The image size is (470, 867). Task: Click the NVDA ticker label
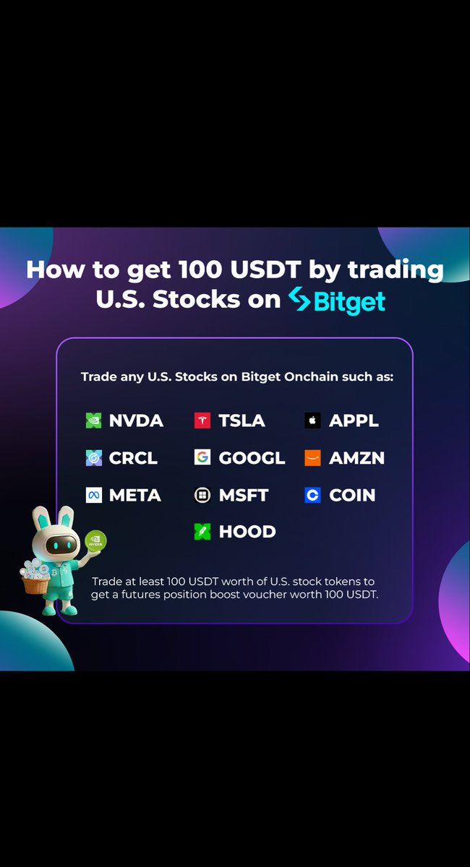pyautogui.click(x=136, y=420)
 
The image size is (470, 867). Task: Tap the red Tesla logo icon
pyautogui.click(x=202, y=420)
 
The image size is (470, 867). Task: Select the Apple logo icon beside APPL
pyautogui.click(x=312, y=420)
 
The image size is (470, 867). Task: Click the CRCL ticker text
pyautogui.click(x=133, y=458)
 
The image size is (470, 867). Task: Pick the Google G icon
pyautogui.click(x=202, y=457)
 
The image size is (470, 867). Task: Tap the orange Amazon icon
pyautogui.click(x=312, y=458)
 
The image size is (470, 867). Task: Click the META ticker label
pyautogui.click(x=135, y=496)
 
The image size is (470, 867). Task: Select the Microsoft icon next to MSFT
pyautogui.click(x=202, y=496)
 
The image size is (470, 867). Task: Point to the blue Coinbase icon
pyautogui.click(x=312, y=496)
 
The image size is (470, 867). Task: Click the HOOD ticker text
pyautogui.click(x=247, y=532)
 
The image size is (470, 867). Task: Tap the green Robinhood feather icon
pyautogui.click(x=202, y=532)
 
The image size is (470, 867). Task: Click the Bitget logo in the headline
pyautogui.click(x=337, y=300)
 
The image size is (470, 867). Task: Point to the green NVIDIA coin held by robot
pyautogui.click(x=96, y=540)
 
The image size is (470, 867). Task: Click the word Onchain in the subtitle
pyautogui.click(x=302, y=377)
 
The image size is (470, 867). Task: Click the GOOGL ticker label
pyautogui.click(x=252, y=458)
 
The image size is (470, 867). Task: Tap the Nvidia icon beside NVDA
pyautogui.click(x=93, y=420)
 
